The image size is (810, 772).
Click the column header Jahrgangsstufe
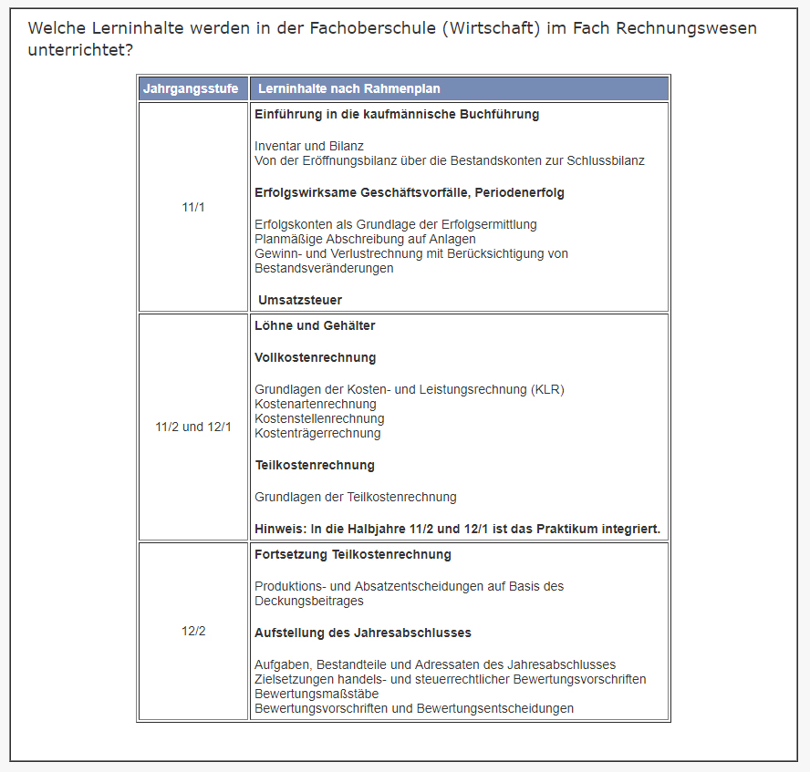click(x=191, y=88)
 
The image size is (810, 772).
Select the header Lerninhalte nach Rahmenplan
click(x=348, y=88)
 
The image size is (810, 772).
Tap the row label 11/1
click(x=193, y=207)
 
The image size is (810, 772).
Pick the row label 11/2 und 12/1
click(x=193, y=427)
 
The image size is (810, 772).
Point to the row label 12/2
click(x=193, y=631)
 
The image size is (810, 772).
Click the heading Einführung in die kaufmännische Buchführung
click(x=397, y=115)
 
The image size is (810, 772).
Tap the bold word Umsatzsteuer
click(x=300, y=300)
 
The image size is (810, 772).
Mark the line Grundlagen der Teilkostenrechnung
click(x=355, y=497)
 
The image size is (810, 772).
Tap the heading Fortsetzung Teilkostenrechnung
click(x=352, y=554)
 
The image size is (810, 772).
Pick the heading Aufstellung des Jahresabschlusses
click(x=362, y=633)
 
